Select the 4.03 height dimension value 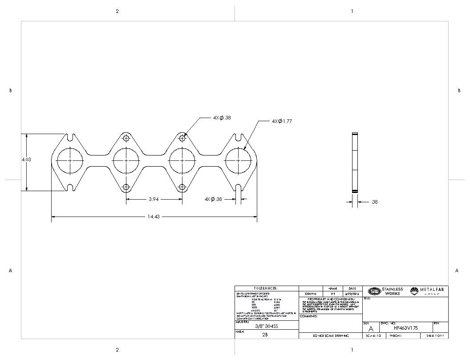[x=26, y=160]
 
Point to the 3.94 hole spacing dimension [x=154, y=199]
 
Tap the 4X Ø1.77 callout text [x=282, y=121]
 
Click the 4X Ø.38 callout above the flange [x=222, y=118]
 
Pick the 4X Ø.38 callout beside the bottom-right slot [x=213, y=199]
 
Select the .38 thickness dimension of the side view [x=374, y=202]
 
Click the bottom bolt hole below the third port [x=182, y=187]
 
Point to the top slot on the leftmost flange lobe [x=70, y=136]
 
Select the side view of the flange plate [x=355, y=163]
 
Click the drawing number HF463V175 [x=405, y=327]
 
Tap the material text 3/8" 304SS [x=266, y=326]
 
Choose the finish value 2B [x=265, y=334]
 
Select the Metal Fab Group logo [x=429, y=291]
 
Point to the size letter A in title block [x=371, y=328]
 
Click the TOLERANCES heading [x=266, y=288]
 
